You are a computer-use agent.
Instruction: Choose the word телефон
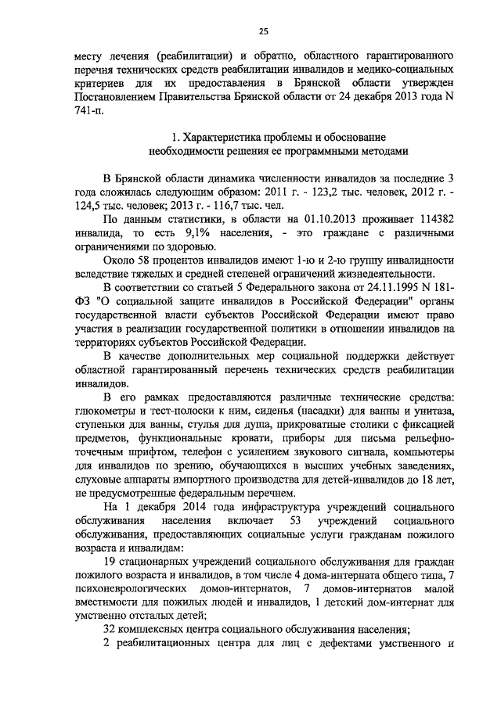tap(224, 451)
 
